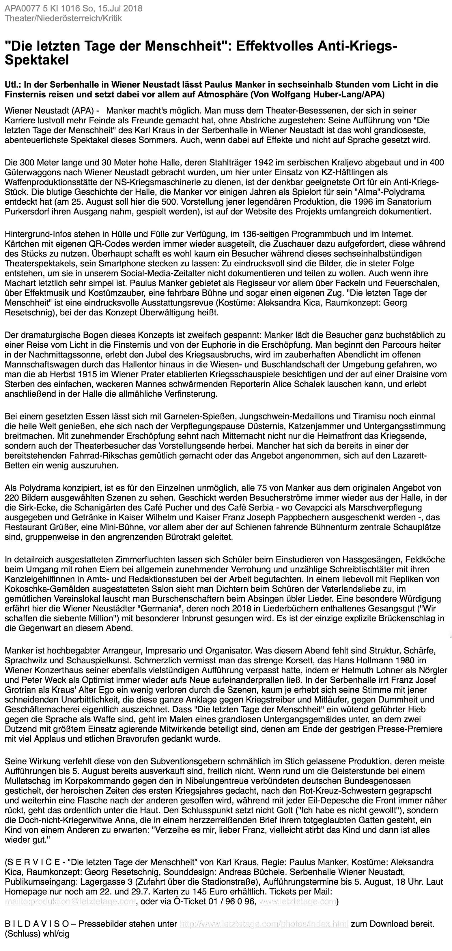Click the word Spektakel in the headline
tap(37, 60)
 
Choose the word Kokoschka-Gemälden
tap(40, 589)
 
